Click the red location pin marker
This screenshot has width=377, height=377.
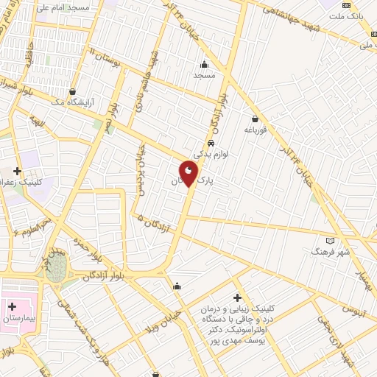tap(189, 172)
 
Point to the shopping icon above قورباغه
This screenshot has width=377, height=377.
tap(255, 119)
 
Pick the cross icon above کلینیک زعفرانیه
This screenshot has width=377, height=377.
tap(17, 171)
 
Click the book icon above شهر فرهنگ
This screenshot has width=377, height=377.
tap(330, 241)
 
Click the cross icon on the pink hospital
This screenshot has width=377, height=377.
tap(13, 304)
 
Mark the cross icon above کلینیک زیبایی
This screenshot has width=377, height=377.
tap(236, 297)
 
